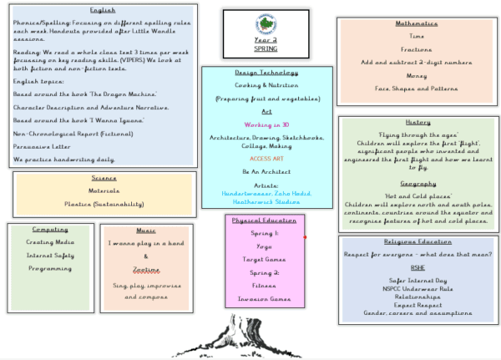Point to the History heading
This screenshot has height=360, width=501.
417,122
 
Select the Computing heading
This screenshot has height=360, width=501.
50,229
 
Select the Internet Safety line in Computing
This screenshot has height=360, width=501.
50,256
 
